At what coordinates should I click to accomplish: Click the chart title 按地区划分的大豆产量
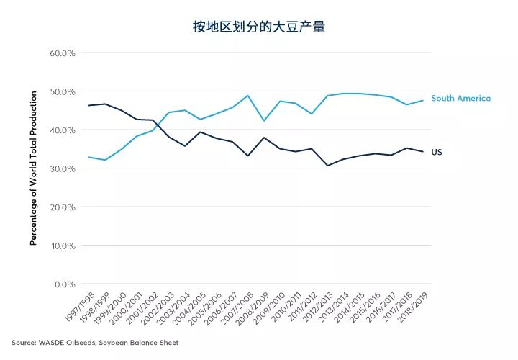click(259, 27)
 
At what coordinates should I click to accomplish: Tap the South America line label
click(460, 98)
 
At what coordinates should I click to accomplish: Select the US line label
click(437, 152)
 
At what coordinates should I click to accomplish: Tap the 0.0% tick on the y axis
click(64, 284)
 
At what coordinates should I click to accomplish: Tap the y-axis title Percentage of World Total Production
click(33, 168)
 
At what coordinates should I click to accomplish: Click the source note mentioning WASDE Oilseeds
click(95, 343)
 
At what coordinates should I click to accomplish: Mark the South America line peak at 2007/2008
click(247, 96)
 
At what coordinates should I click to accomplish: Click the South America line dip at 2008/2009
click(263, 121)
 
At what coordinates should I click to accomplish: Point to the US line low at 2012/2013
click(327, 166)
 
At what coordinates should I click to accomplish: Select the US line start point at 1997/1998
click(88, 106)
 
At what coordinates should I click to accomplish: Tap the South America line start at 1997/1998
click(88, 157)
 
